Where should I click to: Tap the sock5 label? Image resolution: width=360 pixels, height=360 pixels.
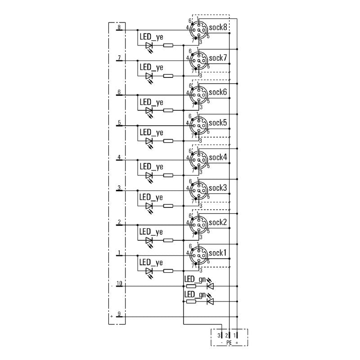pos(217,123)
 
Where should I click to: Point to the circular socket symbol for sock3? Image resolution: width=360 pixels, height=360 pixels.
pos(198,190)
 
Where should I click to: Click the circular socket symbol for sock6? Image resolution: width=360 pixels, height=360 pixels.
pos(198,95)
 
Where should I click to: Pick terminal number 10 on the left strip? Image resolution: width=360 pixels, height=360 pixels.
pos(119,283)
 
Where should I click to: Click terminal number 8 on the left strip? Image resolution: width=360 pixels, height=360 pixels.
pos(119,27)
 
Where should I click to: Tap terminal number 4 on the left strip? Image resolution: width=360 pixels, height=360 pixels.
pos(119,157)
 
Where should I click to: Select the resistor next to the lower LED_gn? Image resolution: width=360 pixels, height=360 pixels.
pos(191,301)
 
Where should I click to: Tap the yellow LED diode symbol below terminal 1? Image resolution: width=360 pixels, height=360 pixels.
pos(149,271)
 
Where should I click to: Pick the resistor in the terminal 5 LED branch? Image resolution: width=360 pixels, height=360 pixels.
pos(168,141)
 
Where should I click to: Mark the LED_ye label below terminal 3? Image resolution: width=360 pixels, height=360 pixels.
pos(151,197)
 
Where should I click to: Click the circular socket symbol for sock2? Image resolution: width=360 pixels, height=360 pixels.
pos(198,223)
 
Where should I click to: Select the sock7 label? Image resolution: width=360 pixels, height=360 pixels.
pos(217,58)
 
